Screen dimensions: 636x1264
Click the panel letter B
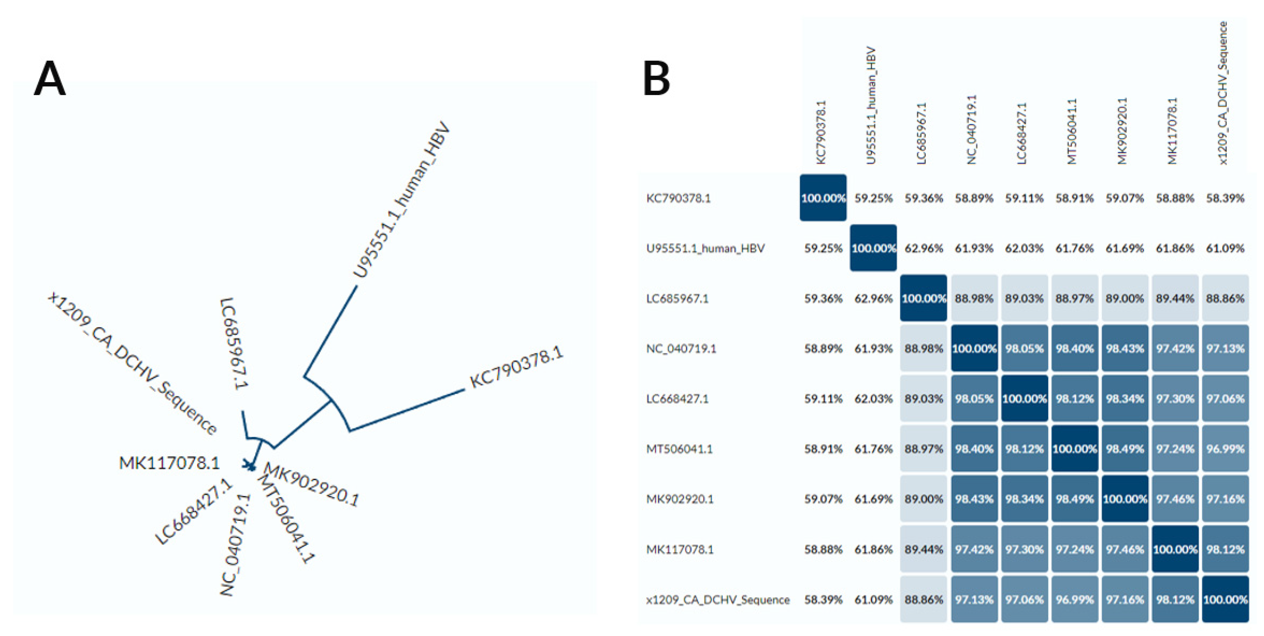tap(656, 78)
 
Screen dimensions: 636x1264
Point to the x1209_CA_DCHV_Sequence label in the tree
tap(133, 363)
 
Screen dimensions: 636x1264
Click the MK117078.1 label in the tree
tap(169, 463)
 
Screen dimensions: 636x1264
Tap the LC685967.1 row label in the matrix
tap(677, 298)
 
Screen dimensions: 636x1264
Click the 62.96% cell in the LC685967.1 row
tap(873, 298)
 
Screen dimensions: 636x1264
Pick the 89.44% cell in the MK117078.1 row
tap(924, 549)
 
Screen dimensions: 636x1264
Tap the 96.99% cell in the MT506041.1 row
tap(1225, 449)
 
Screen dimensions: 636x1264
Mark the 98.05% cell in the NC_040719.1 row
tap(1025, 349)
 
